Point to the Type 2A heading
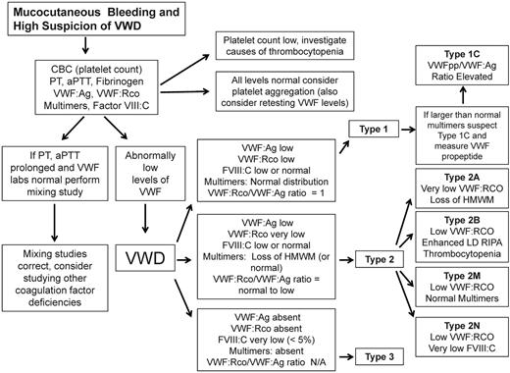tap(454, 170)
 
